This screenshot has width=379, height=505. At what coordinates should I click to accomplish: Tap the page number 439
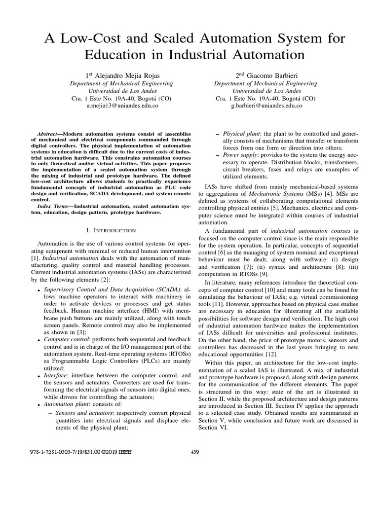[194, 452]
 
